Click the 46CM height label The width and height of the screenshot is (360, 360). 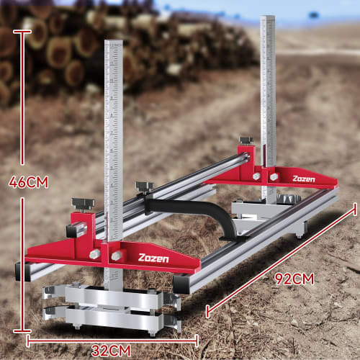click(x=28, y=182)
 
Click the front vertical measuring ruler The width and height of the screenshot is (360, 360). click(x=114, y=144)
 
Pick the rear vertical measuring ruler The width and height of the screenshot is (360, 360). click(x=268, y=94)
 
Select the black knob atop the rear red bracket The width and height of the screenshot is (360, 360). click(x=246, y=140)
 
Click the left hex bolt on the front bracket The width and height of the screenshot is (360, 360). click(x=95, y=254)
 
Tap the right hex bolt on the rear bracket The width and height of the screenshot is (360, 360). click(x=274, y=175)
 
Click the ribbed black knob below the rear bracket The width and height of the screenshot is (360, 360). click(x=289, y=199)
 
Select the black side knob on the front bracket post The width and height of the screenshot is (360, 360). click(x=73, y=230)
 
